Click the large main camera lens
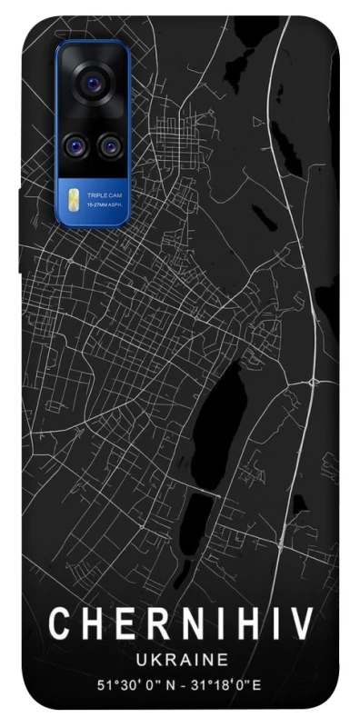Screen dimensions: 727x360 tap(92, 85)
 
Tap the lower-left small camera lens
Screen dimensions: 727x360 tap(75, 144)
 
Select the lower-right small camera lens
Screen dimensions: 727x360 tap(110, 144)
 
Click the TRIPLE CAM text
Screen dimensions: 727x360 tap(102, 195)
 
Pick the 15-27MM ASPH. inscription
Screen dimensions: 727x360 tap(105, 205)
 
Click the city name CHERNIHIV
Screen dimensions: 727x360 tap(181, 625)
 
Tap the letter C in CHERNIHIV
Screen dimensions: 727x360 tap(60, 625)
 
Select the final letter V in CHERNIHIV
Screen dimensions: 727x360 tap(301, 625)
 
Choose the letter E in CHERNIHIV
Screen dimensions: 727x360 tap(119, 625)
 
